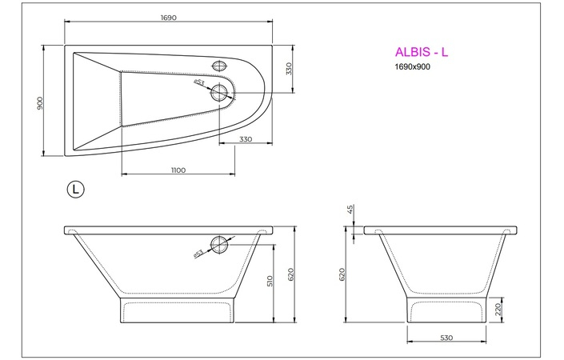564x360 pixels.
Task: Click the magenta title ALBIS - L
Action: coord(422,52)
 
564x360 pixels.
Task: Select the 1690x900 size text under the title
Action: coord(414,67)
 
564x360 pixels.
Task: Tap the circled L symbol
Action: coord(75,189)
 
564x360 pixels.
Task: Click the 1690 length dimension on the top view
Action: coord(167,18)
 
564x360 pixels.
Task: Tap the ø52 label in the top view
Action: coord(199,81)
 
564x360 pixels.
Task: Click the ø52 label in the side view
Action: coord(198,254)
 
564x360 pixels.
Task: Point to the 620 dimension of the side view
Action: coord(292,274)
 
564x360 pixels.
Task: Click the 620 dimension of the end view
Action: coord(343,274)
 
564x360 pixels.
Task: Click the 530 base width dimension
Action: coord(446,338)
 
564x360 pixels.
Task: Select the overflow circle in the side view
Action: coord(220,245)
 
